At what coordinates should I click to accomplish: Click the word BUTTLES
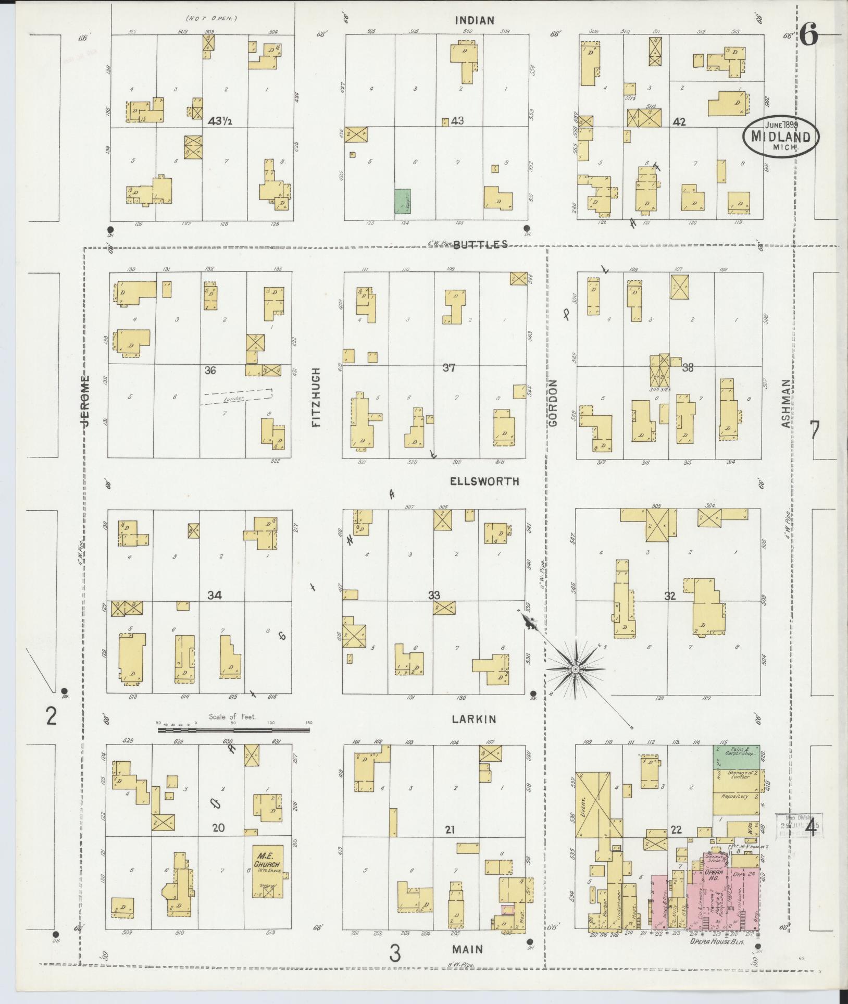480,244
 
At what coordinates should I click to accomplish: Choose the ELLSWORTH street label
484,481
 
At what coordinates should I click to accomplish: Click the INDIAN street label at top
474,21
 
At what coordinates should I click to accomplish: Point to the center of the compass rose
575,668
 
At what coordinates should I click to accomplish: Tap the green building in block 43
402,201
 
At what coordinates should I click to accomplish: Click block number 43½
219,121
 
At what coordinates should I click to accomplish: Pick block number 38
688,367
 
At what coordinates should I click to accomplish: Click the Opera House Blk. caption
717,941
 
